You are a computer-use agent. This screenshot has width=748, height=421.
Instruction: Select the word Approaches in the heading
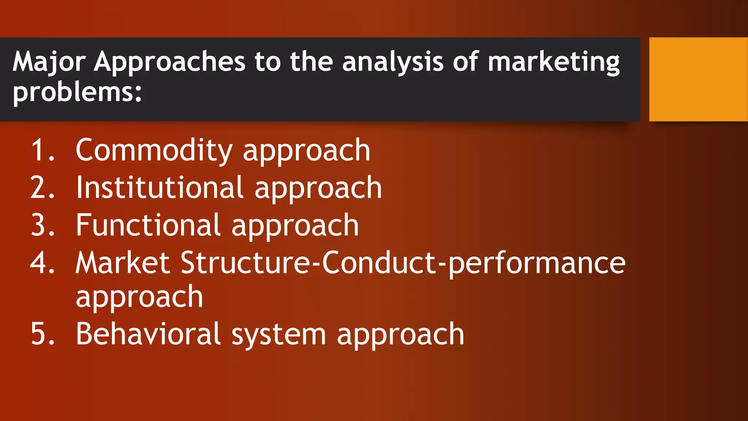click(169, 61)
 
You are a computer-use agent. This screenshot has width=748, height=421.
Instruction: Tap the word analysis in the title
click(393, 61)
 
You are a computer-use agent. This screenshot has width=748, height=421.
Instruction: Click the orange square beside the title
click(698, 79)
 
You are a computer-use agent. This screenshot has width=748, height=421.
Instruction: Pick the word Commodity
click(154, 151)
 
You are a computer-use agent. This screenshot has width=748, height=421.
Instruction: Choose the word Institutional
click(160, 188)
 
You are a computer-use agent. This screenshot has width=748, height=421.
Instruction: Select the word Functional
click(148, 225)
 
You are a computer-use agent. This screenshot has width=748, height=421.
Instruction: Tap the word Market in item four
click(123, 263)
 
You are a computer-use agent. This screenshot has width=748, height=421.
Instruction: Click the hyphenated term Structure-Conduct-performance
click(403, 263)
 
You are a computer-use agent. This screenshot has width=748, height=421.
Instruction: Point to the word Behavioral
click(148, 334)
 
